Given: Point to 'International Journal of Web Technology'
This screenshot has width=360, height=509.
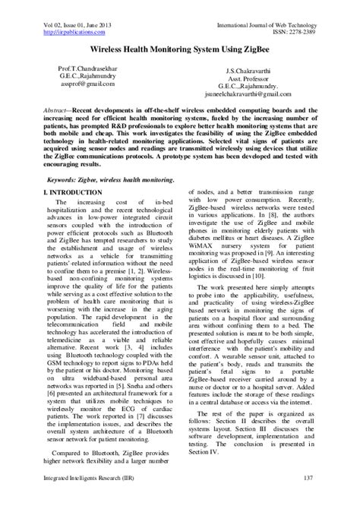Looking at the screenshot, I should click(284, 7).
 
